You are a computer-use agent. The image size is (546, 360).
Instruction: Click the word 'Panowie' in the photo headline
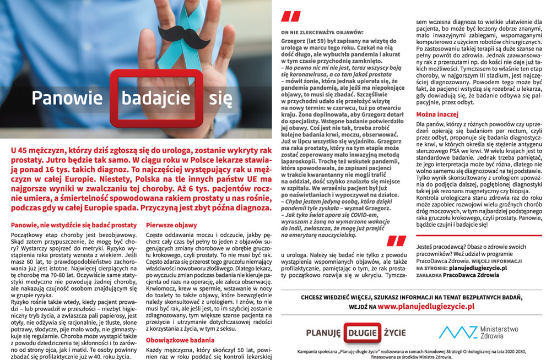coord(67,99)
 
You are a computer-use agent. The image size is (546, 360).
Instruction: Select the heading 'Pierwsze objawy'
coord(171,225)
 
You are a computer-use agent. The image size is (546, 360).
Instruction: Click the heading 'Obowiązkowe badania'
coord(179,341)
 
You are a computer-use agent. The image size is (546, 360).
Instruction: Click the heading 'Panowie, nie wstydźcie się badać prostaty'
coord(74,225)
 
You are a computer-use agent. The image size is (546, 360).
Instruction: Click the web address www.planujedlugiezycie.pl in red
coord(426,307)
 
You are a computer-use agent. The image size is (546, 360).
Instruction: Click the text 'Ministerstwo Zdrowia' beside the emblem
coord(499,332)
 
